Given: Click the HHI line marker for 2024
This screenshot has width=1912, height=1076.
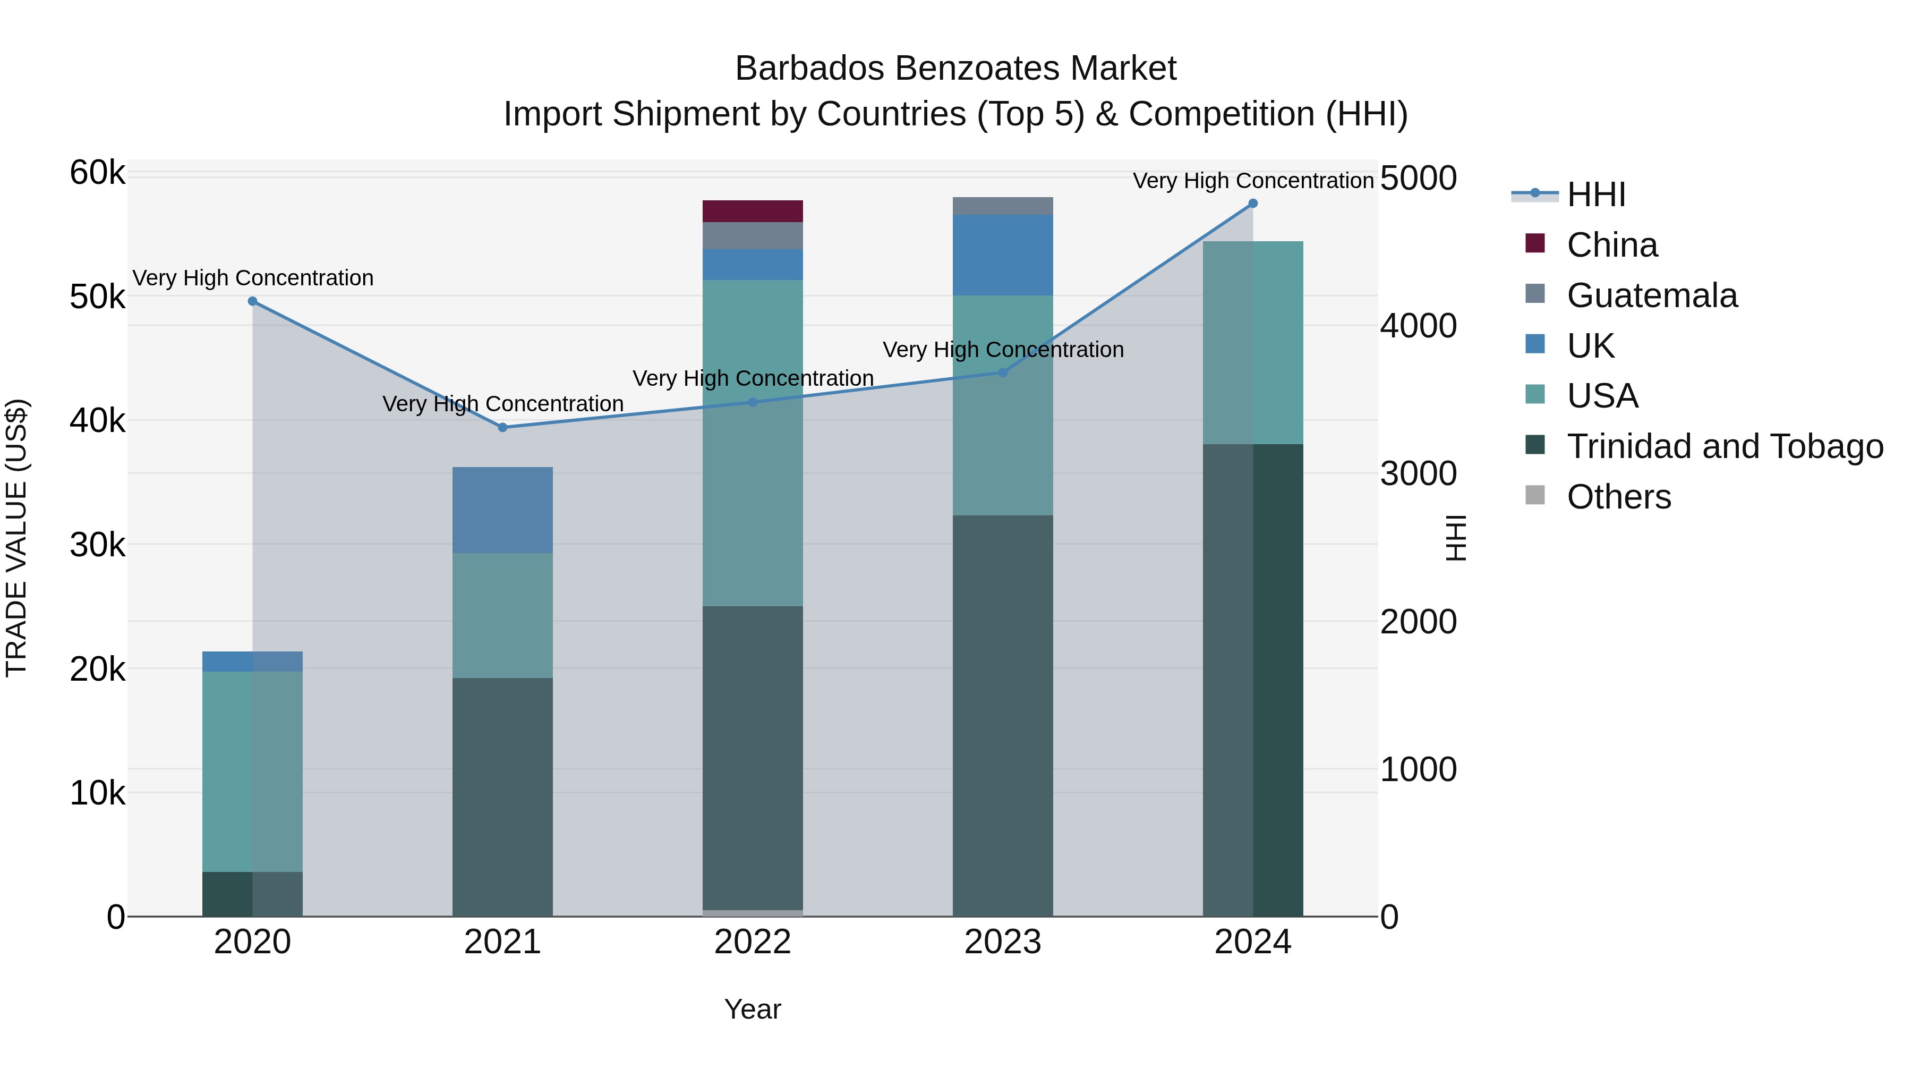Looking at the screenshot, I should coord(1253,204).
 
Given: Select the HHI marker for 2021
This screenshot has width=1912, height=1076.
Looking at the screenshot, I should coord(502,428).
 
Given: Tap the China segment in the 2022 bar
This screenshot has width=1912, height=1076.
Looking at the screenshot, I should coord(753,211).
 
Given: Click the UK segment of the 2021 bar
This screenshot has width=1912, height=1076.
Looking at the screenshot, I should coord(502,510).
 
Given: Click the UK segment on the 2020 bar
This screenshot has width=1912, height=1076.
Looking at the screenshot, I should coord(252,662).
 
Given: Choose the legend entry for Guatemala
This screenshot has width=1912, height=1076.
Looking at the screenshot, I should coord(1651,295).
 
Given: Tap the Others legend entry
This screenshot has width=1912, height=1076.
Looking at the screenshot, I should coord(1618,497).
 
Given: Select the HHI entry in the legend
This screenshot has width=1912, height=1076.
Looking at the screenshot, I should coord(1596,194).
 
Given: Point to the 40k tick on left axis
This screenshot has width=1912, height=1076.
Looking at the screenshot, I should coord(97,421).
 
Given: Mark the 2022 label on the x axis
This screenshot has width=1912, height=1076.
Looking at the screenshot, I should coord(753,942).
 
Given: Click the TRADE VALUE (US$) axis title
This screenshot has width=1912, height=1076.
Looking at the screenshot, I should coord(16,538).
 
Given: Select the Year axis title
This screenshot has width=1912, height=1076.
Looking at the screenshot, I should coord(753,1009).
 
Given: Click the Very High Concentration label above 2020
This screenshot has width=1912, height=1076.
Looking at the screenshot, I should coord(252,278).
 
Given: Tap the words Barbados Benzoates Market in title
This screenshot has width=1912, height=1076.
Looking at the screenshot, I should coord(955,69).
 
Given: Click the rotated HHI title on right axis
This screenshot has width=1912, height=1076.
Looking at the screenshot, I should coord(1456,538).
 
